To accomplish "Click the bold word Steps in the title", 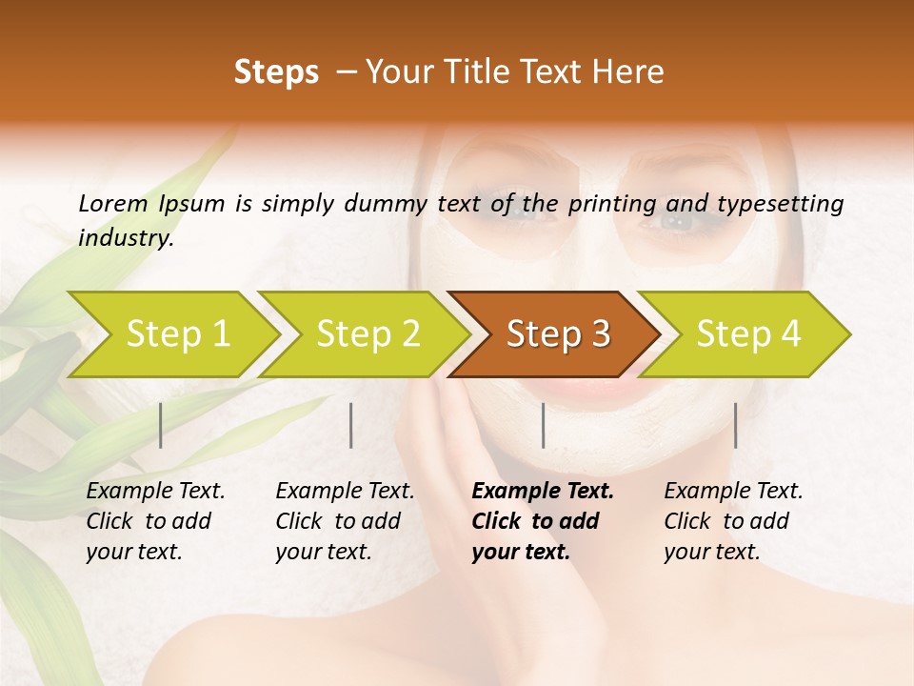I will click(x=276, y=72).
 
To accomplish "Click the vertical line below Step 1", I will click(x=161, y=425).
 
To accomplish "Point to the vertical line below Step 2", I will click(x=351, y=425).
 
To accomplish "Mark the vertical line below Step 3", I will click(x=543, y=425).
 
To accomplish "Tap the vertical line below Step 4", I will click(x=736, y=425).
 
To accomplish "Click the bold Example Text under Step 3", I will click(x=543, y=492).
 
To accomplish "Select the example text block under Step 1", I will click(x=155, y=521).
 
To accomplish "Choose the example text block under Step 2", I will click(x=345, y=521).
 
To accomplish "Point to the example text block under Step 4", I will click(x=733, y=521).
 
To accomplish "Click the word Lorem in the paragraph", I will click(x=113, y=203).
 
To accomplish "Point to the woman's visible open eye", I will click(x=678, y=220).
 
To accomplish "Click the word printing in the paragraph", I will click(x=610, y=203).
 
